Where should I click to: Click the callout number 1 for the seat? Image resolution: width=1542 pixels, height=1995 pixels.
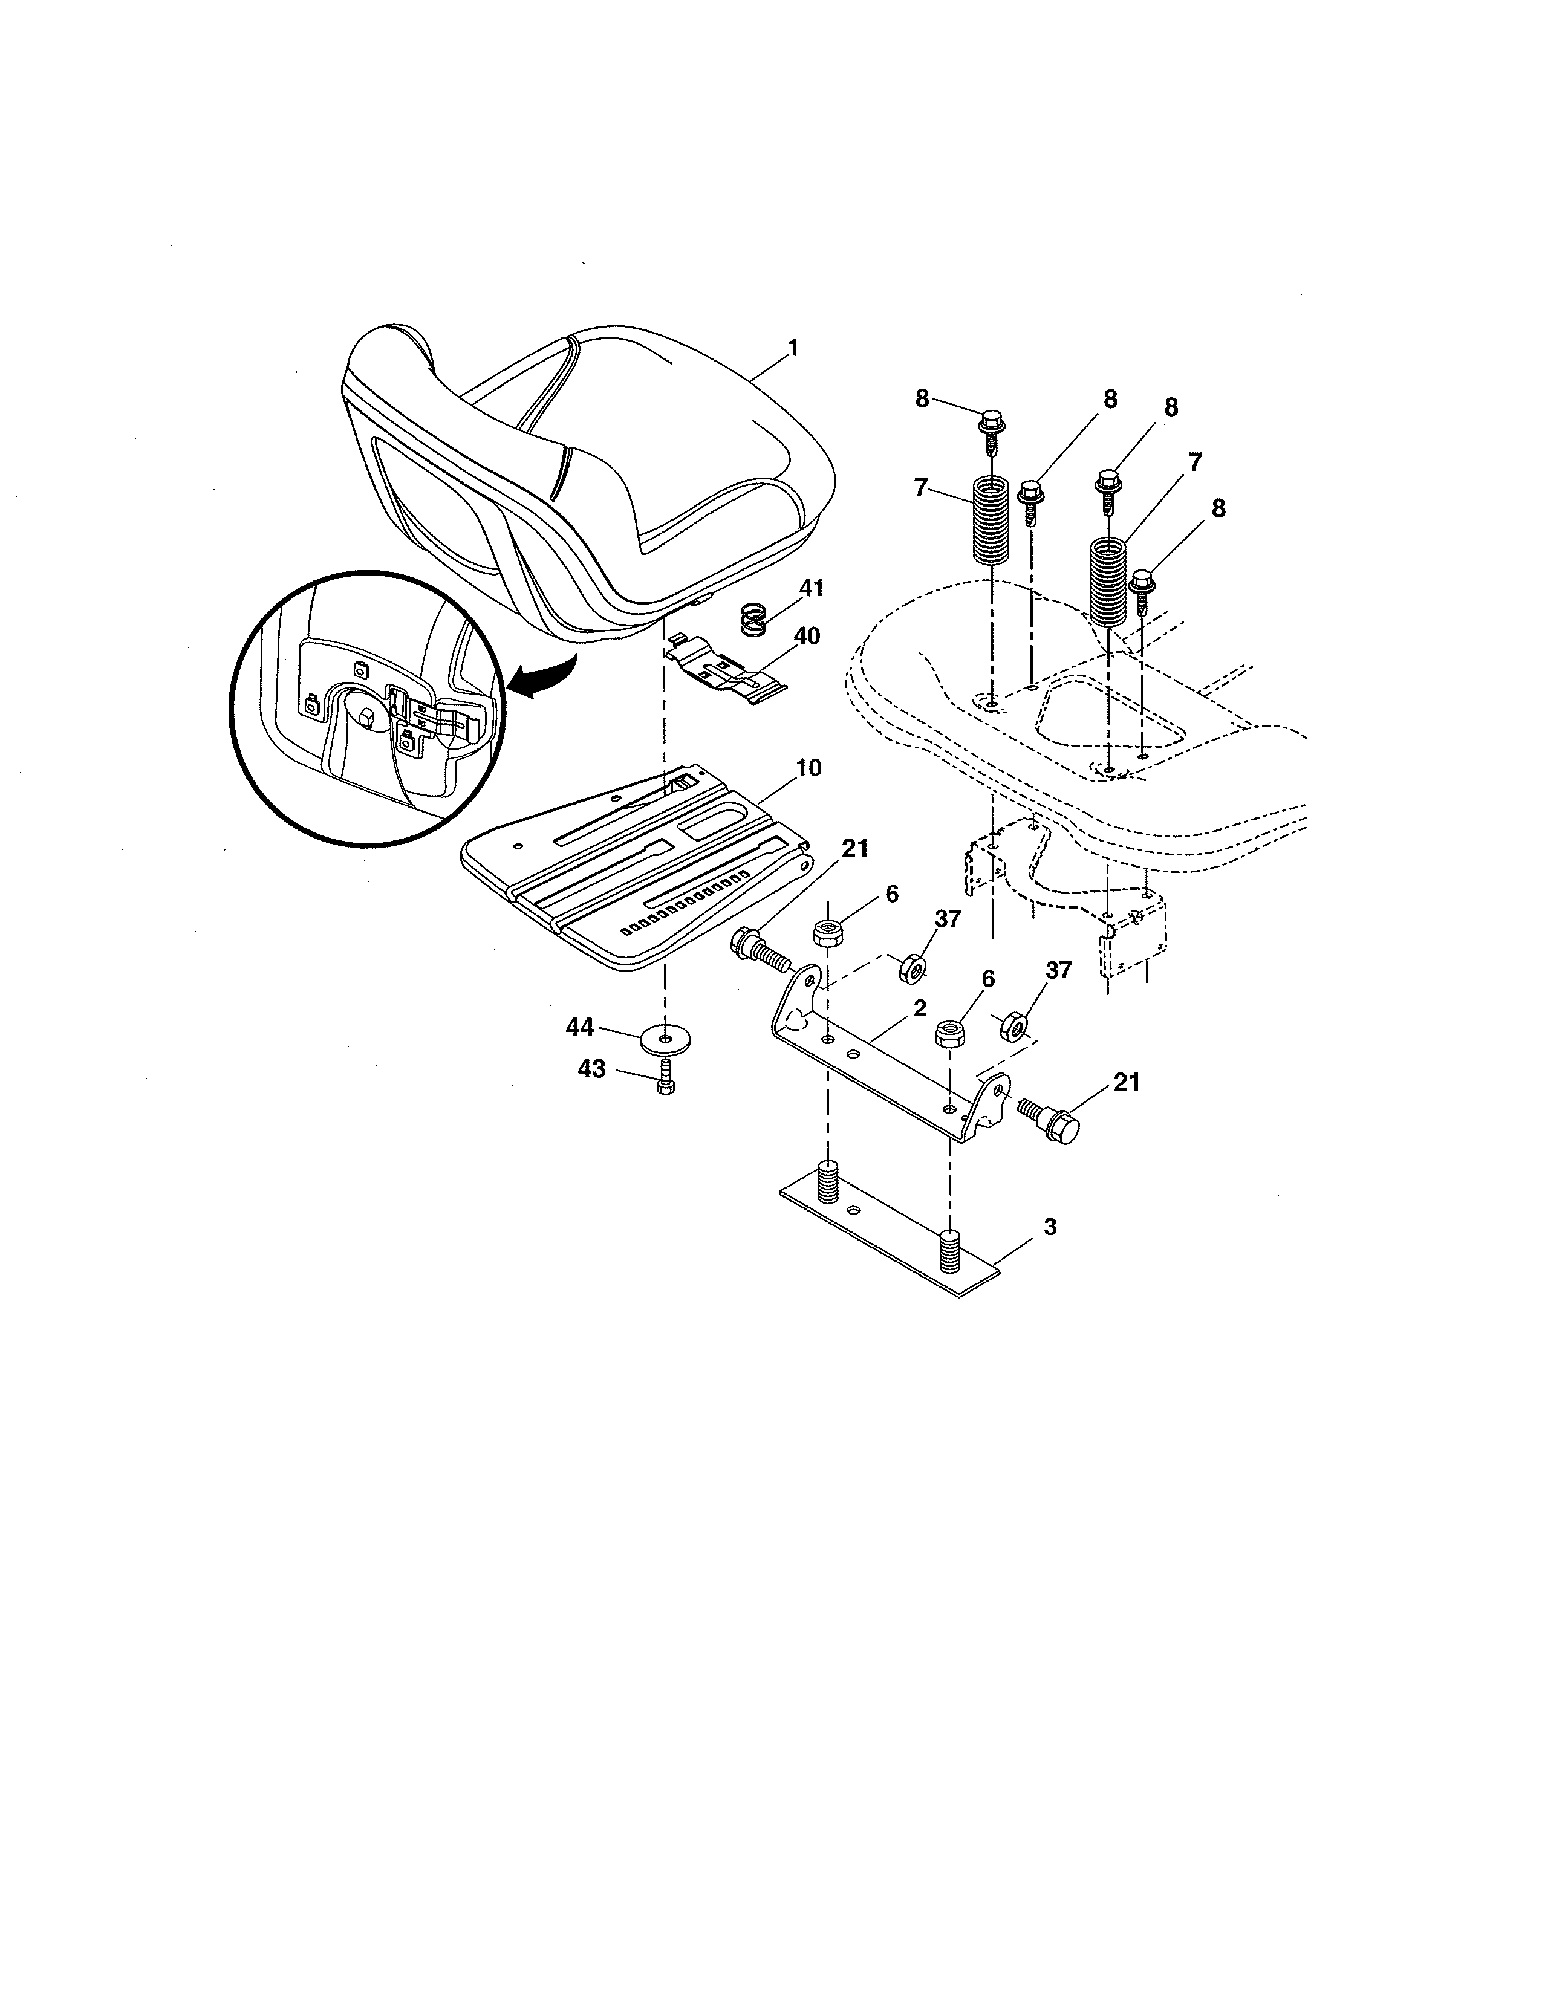[793, 348]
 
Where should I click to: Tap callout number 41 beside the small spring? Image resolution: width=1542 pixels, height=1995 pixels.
[810, 588]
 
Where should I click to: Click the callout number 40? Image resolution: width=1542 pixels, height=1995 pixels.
[807, 636]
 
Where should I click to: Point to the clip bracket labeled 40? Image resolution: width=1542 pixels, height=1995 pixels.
[721, 674]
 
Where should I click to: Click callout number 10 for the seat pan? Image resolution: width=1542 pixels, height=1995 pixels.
[808, 768]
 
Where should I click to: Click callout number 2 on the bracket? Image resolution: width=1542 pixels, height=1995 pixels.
[919, 1008]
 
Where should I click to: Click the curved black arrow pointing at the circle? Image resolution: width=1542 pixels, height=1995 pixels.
[544, 678]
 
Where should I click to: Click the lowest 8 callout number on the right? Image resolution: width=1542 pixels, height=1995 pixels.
[1218, 509]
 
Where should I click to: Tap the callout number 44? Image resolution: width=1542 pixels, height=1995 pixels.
[580, 1028]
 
